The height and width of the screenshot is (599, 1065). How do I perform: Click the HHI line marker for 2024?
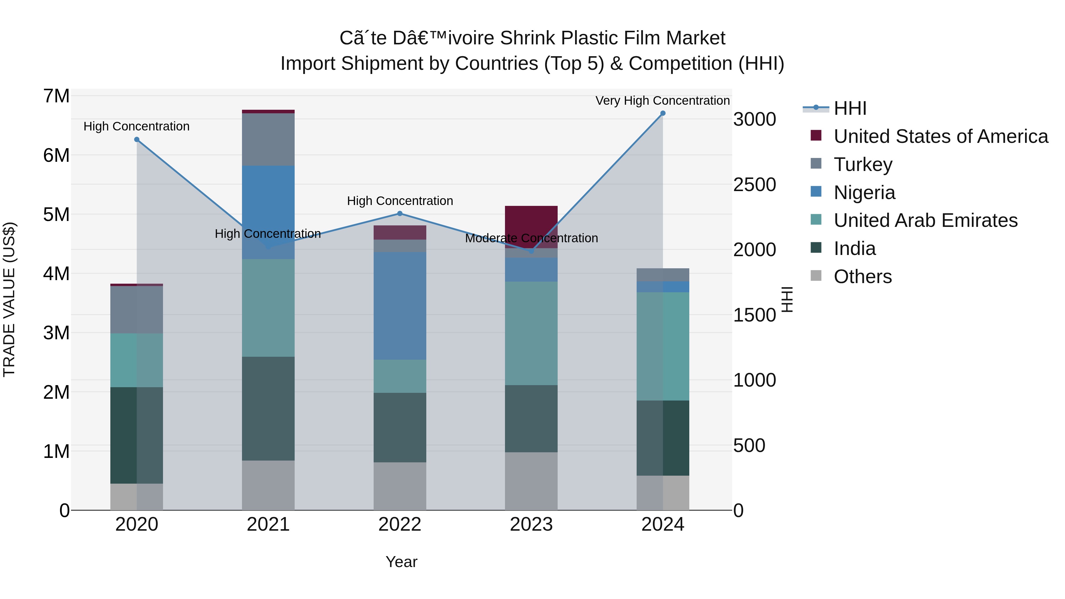point(663,113)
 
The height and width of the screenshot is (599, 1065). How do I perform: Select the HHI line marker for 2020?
point(137,140)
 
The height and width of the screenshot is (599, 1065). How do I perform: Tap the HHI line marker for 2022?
point(400,214)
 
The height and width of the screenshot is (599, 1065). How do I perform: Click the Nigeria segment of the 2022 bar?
point(400,306)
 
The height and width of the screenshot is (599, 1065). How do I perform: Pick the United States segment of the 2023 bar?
point(531,227)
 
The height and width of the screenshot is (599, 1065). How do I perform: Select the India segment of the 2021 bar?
point(268,409)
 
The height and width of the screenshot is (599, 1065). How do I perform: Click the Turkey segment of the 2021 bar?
point(268,139)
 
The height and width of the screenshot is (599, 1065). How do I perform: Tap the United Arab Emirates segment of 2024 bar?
point(663,346)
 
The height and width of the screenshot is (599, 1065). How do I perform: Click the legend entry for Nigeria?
point(864,193)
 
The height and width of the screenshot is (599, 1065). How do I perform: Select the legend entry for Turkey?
point(863,164)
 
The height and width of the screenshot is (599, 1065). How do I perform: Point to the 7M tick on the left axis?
point(56,96)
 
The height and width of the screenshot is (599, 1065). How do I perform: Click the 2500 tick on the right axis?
point(754,185)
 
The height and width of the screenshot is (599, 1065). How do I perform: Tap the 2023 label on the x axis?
point(531,524)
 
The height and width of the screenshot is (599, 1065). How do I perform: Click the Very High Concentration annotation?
point(662,101)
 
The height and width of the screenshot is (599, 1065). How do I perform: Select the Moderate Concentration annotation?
point(531,238)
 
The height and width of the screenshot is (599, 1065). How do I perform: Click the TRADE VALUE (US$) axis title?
point(9,299)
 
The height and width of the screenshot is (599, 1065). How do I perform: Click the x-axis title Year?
point(401,562)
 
